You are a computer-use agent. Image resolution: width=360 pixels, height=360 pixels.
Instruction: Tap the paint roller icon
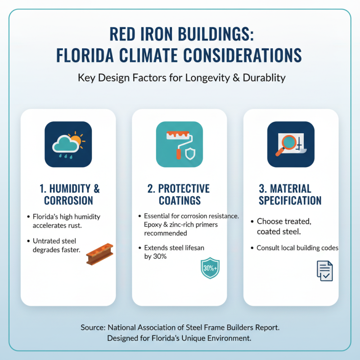pyautogui.click(x=180, y=144)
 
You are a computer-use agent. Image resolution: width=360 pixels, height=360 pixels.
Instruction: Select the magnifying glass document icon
pyautogui.click(x=291, y=144)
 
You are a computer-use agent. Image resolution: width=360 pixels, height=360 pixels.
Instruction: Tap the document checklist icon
pyautogui.click(x=324, y=271)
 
